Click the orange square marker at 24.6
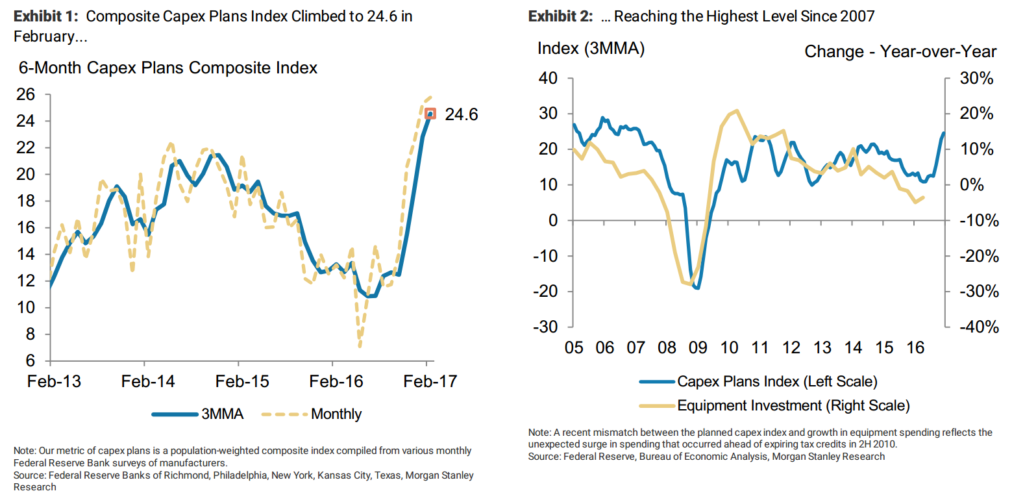(x=430, y=114)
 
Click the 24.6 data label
(x=461, y=115)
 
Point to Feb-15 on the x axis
(x=242, y=381)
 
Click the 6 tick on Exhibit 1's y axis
(x=38, y=361)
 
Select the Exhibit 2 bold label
(x=560, y=16)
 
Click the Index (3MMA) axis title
(x=591, y=49)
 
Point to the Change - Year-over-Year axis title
(x=900, y=51)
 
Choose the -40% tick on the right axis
(x=975, y=327)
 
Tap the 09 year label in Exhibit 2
(x=698, y=347)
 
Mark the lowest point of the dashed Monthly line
(x=359, y=346)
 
